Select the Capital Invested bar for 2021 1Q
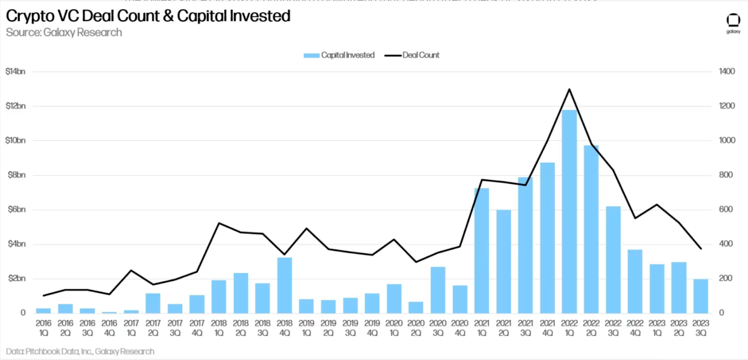482,251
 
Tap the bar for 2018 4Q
284,285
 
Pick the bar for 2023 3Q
700,296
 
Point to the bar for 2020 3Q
438,290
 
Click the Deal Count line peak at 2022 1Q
569,89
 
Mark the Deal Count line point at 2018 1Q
219,223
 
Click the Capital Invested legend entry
339,55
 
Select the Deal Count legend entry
412,55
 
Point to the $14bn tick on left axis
15,72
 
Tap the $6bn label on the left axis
16,209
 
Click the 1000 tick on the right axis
727,140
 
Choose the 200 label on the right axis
726,278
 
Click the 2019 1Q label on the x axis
306,328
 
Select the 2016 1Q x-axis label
43,328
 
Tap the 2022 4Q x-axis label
635,328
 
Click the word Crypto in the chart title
30,16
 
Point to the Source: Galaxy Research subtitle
64,33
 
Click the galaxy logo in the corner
733,22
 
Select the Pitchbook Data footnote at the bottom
80,352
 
